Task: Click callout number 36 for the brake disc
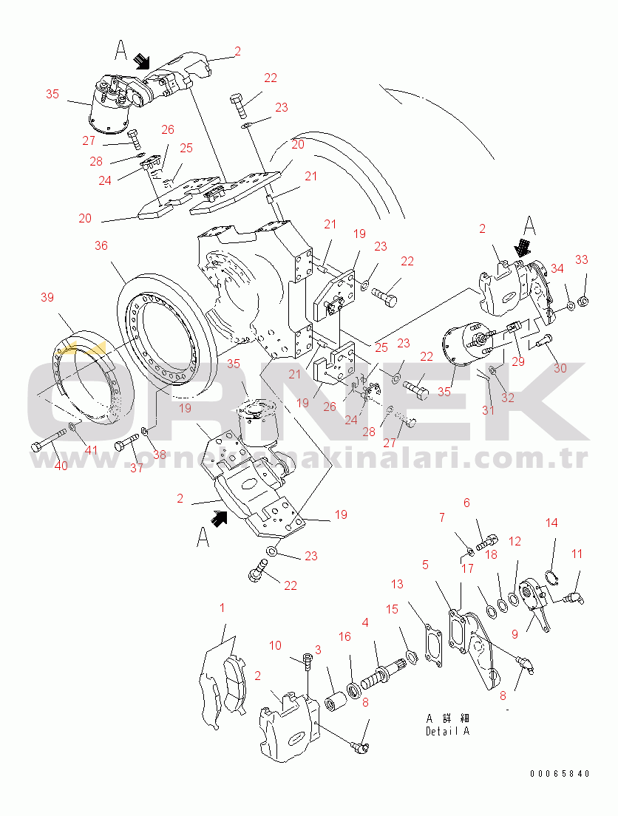point(102,245)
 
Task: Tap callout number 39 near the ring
point(47,297)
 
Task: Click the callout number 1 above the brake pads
point(221,608)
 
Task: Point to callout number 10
point(275,646)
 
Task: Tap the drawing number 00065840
point(560,774)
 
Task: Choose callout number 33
point(582,259)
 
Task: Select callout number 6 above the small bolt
point(466,503)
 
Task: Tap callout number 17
point(467,568)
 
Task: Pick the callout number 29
point(517,363)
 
